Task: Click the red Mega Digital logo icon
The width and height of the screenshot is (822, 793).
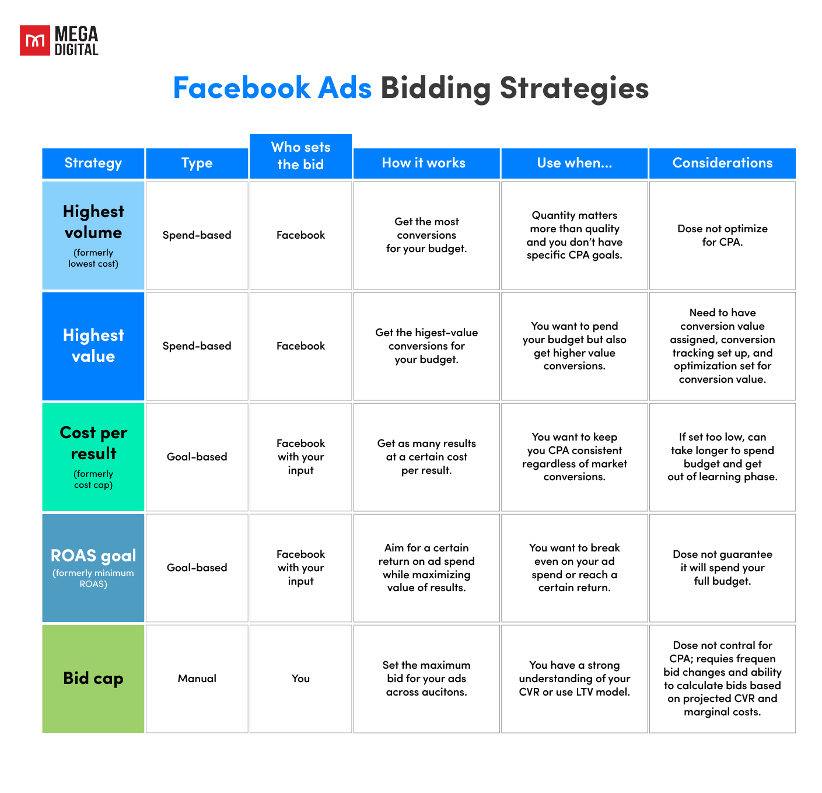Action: tap(35, 40)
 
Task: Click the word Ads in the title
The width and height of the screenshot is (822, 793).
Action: tap(345, 88)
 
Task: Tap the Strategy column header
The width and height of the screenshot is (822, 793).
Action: tap(93, 163)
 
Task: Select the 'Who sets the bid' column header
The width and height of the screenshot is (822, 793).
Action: tap(300, 156)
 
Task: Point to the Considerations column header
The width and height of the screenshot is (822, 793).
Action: tap(722, 163)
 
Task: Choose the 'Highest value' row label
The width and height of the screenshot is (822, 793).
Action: tap(93, 346)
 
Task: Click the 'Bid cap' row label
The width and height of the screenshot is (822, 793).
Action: tap(93, 679)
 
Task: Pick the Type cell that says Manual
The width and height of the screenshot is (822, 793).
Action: tap(197, 679)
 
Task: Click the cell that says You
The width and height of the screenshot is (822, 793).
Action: tap(300, 679)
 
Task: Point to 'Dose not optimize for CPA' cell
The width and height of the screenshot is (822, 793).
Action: tap(722, 235)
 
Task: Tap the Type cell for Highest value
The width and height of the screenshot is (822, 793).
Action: tap(197, 346)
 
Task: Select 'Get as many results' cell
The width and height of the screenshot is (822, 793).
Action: tap(426, 457)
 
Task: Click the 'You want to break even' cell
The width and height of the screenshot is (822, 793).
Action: tap(575, 567)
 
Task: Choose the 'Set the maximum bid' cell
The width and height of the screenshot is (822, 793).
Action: tap(426, 679)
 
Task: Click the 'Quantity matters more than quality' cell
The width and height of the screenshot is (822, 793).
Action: tap(575, 235)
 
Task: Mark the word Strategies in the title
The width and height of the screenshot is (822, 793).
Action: tap(574, 88)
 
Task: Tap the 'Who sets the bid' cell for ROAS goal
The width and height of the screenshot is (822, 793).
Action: tap(300, 567)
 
